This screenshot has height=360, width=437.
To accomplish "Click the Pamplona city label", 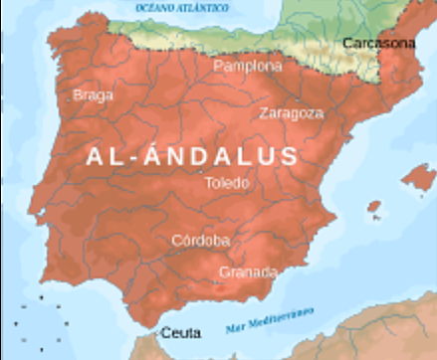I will pyautogui.click(x=248, y=67).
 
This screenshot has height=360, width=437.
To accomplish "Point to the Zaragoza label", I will pyautogui.click(x=291, y=113).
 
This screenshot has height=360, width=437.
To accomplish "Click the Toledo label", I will pyautogui.click(x=227, y=184).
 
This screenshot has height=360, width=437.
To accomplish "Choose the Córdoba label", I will pyautogui.click(x=200, y=241).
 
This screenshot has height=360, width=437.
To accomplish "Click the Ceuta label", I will pyautogui.click(x=180, y=332).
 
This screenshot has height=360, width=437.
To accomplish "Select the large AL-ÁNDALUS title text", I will pyautogui.click(x=192, y=156).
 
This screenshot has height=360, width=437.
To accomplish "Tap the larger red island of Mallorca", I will pyautogui.click(x=417, y=179).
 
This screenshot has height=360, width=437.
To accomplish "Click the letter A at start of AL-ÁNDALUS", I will pyautogui.click(x=96, y=156).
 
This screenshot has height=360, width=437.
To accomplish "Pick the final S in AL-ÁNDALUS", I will pyautogui.click(x=288, y=156).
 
